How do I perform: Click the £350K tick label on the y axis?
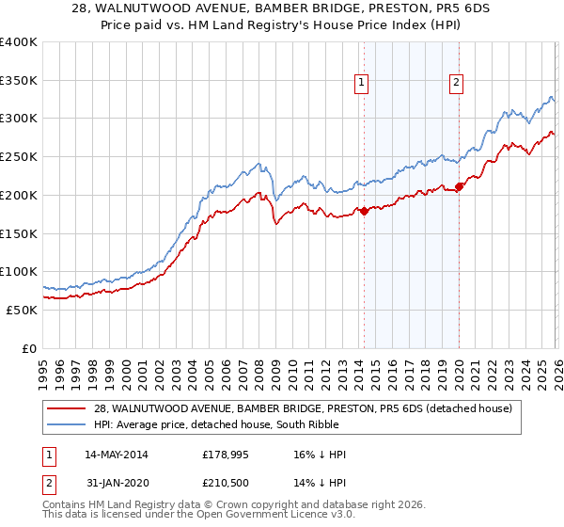(x=19, y=80)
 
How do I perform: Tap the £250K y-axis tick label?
(x=19, y=157)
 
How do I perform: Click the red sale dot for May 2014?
(x=364, y=211)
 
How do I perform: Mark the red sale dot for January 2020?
(x=460, y=186)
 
